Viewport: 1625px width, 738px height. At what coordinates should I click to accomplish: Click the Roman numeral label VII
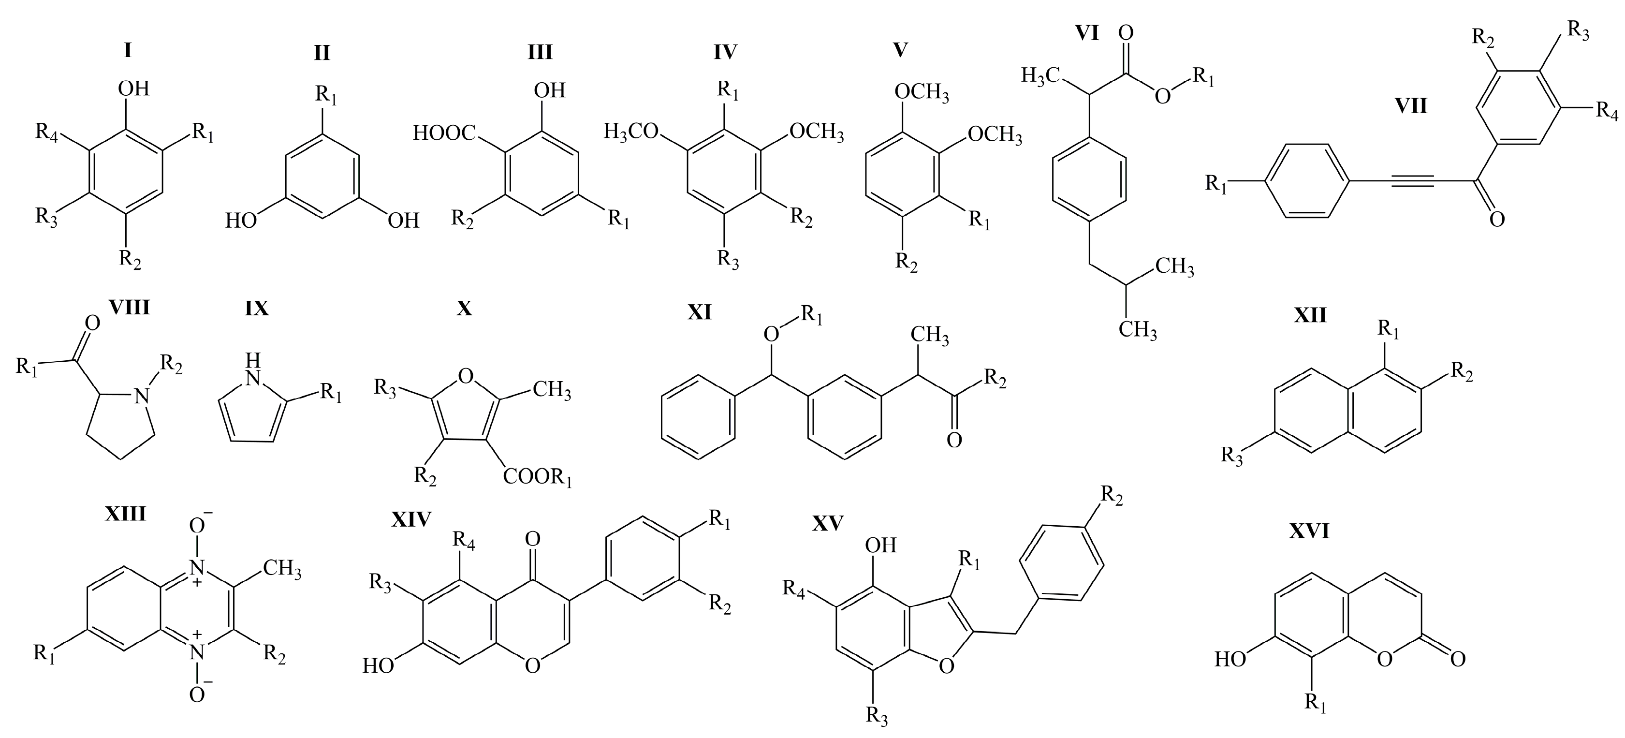[1410, 105]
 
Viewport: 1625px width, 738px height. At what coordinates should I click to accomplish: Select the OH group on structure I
[134, 89]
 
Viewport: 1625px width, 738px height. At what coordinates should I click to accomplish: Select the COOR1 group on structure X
[538, 477]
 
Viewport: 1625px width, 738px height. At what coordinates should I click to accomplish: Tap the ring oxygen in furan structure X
[465, 377]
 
